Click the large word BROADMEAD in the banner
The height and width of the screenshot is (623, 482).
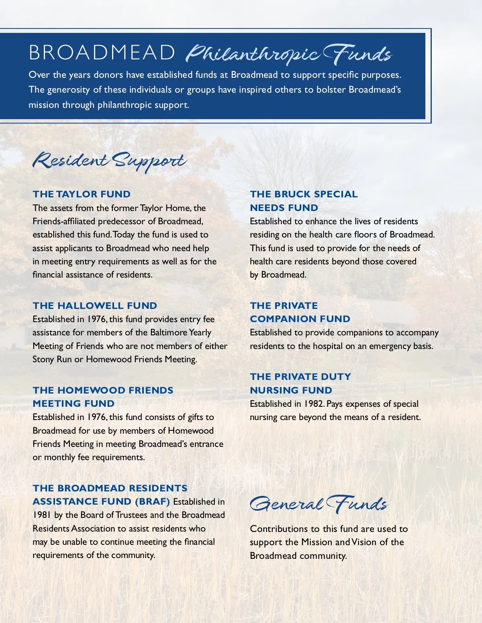[102, 53]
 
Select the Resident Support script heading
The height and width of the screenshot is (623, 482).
[109, 161]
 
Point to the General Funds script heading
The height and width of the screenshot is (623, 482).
[319, 504]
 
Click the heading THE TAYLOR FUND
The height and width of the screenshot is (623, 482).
[82, 194]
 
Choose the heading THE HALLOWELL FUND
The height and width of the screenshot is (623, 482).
[95, 306]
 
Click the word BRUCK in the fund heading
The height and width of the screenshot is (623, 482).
[292, 194]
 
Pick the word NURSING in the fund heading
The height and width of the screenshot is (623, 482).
[271, 390]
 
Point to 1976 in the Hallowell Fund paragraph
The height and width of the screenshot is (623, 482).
[96, 319]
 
